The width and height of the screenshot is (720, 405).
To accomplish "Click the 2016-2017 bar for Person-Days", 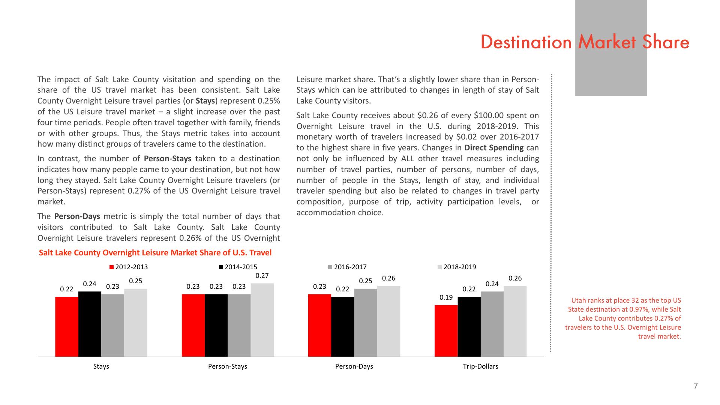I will tap(366, 322).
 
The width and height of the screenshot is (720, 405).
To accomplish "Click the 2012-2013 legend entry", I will tap(129, 267).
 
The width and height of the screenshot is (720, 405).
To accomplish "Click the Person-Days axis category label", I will tap(354, 366).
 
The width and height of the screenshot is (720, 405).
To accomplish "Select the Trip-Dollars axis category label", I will tap(480, 366).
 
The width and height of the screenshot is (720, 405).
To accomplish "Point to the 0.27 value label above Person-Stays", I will tap(262, 276).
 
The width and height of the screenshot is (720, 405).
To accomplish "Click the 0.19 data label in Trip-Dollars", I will tap(446, 297).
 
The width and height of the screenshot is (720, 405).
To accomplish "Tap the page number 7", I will tap(696, 386).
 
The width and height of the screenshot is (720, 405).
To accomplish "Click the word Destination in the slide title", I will tap(526, 42).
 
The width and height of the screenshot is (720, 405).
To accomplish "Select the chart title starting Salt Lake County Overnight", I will tap(155, 253).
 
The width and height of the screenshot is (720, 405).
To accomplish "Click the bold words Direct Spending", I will tap(494, 148).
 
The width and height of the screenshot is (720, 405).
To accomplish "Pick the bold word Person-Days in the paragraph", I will tap(77, 216).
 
